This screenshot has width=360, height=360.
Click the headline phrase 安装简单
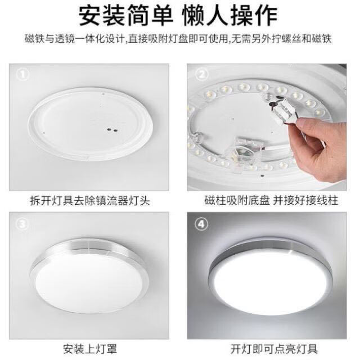126,16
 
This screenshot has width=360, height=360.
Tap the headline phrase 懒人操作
230,16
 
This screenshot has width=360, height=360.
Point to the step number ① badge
23,74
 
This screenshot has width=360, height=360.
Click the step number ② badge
202,74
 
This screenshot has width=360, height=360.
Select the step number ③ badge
22,224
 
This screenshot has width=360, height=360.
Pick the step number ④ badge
201,224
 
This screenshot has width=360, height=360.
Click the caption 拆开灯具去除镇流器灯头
90,201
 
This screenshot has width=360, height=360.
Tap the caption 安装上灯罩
90,349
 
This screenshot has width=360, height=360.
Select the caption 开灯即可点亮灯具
274,349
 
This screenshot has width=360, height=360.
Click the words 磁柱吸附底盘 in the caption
237,200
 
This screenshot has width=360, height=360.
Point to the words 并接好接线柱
305,200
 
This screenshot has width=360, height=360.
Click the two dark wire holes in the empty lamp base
112,130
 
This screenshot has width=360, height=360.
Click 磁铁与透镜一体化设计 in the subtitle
75,39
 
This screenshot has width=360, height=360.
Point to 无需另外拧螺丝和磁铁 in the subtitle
282,39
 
